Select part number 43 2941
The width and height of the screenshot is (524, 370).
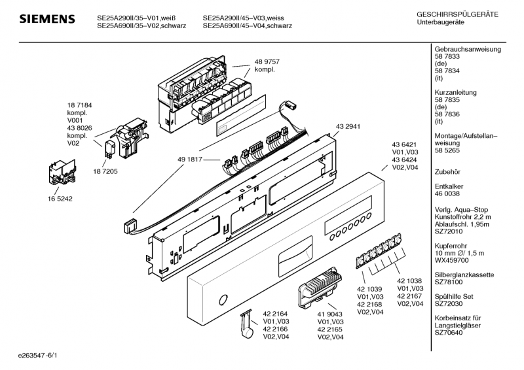[348, 126]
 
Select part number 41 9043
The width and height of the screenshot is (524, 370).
[330, 314]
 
